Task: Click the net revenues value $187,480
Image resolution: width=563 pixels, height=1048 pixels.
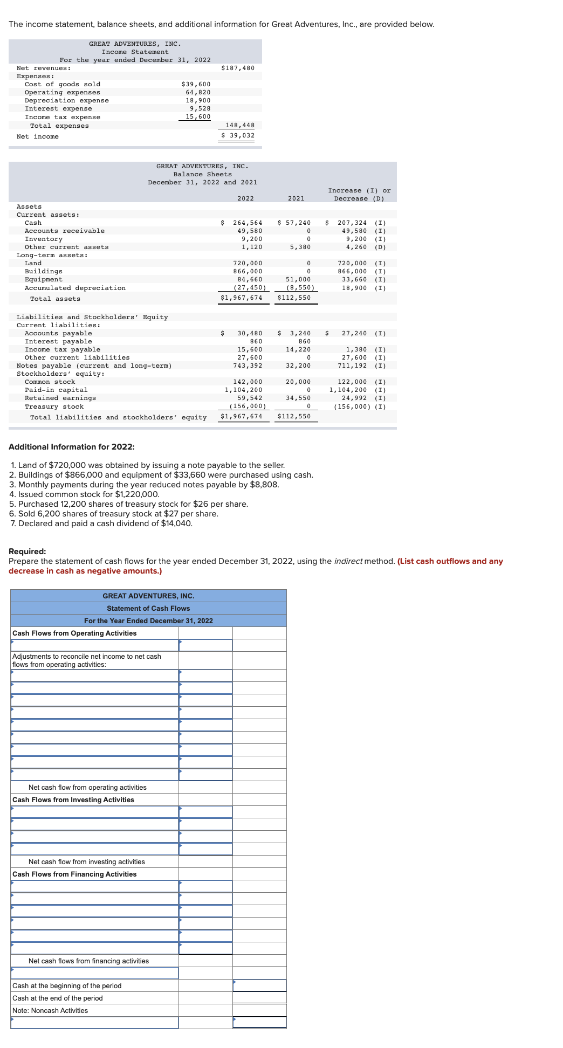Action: pos(238,68)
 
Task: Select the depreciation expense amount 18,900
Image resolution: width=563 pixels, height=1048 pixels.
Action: pos(198,100)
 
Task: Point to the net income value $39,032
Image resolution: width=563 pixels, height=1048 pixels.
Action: pos(238,135)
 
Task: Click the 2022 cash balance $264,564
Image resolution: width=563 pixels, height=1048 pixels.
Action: pos(247,223)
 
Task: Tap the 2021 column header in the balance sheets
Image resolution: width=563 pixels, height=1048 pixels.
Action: pos(296,198)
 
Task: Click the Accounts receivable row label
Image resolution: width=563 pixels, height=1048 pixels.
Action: pos(65,231)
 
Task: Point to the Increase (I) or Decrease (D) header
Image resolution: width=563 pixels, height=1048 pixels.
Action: pos(359,195)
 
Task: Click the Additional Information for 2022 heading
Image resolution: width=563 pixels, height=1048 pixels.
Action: pos(72,447)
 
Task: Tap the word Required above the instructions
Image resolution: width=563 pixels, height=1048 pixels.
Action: pos(28,551)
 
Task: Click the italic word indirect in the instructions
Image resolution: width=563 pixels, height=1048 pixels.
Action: pos(348,561)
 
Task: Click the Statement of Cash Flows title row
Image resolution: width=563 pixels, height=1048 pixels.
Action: pos(148,608)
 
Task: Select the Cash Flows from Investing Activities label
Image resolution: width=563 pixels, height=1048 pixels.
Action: pos(73,799)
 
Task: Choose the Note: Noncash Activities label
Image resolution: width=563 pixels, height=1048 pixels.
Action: pos(50,1010)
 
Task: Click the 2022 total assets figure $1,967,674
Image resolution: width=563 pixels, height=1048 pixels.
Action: pos(241,298)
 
